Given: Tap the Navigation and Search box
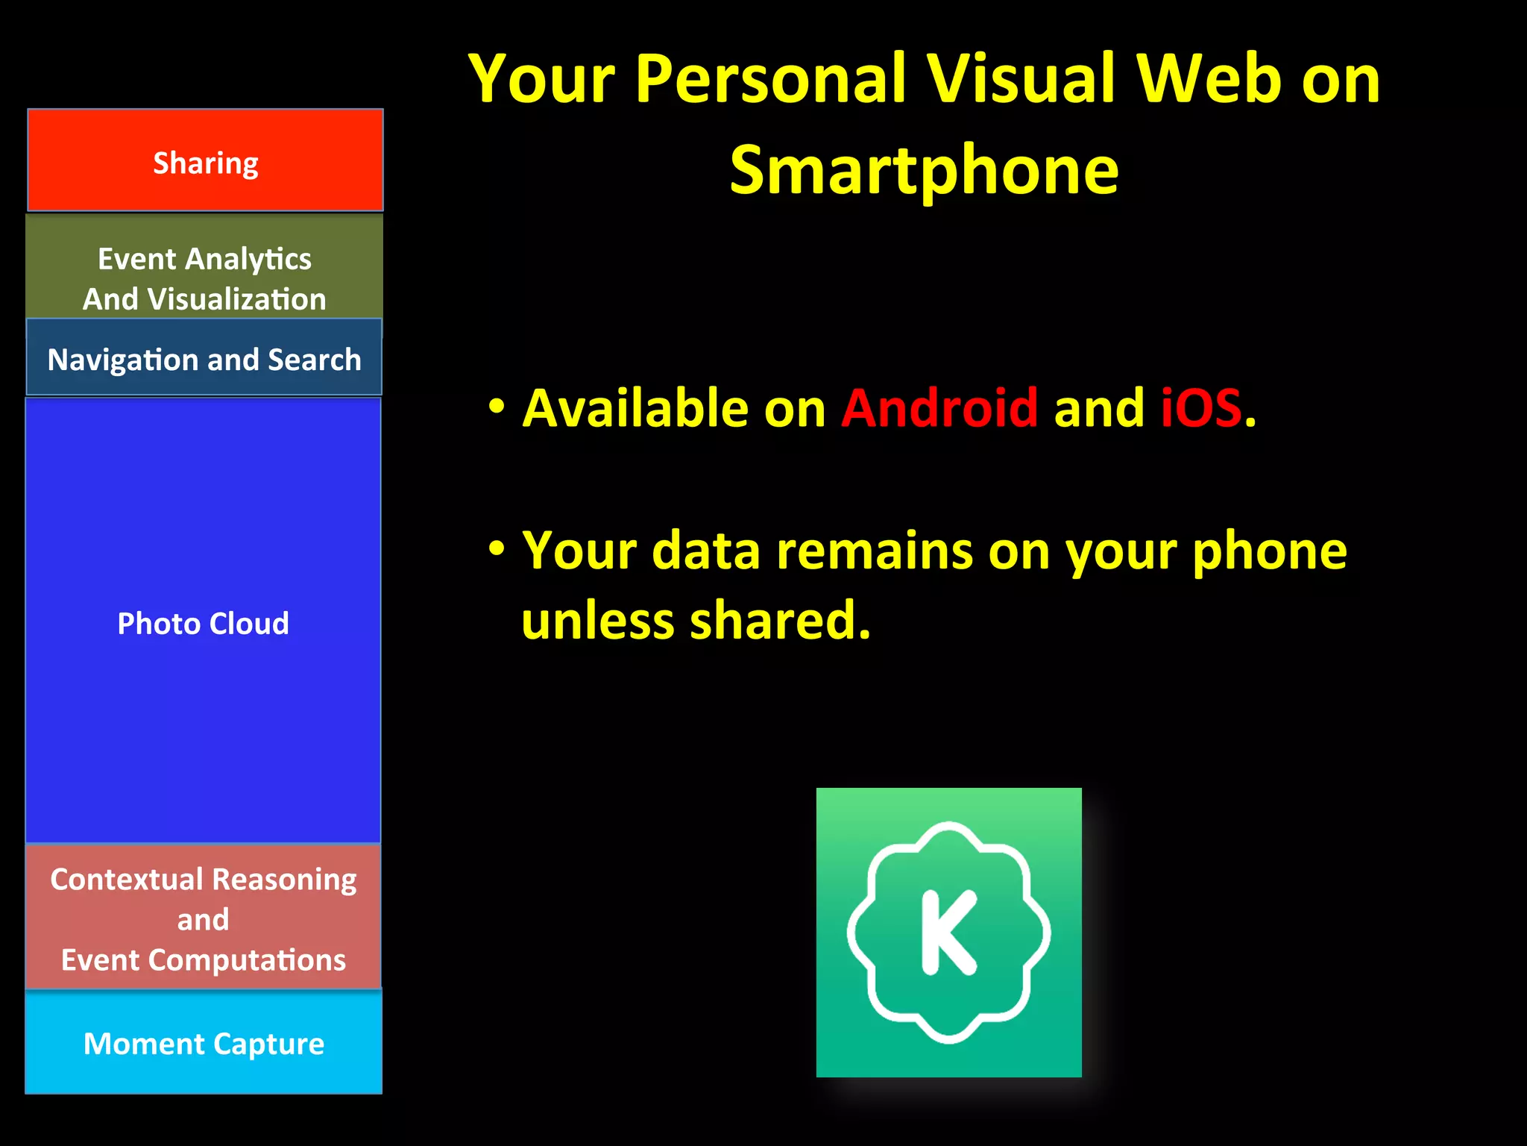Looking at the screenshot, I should (x=204, y=358).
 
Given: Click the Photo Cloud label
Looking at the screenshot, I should (x=203, y=623).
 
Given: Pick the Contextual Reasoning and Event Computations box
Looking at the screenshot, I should (x=203, y=918).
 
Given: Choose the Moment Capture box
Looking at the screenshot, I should (x=204, y=1043).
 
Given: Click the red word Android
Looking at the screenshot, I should (x=939, y=408).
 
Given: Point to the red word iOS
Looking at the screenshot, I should (x=1201, y=408).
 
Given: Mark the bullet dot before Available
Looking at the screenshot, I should (x=497, y=407).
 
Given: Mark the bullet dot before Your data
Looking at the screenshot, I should (x=497, y=549).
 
